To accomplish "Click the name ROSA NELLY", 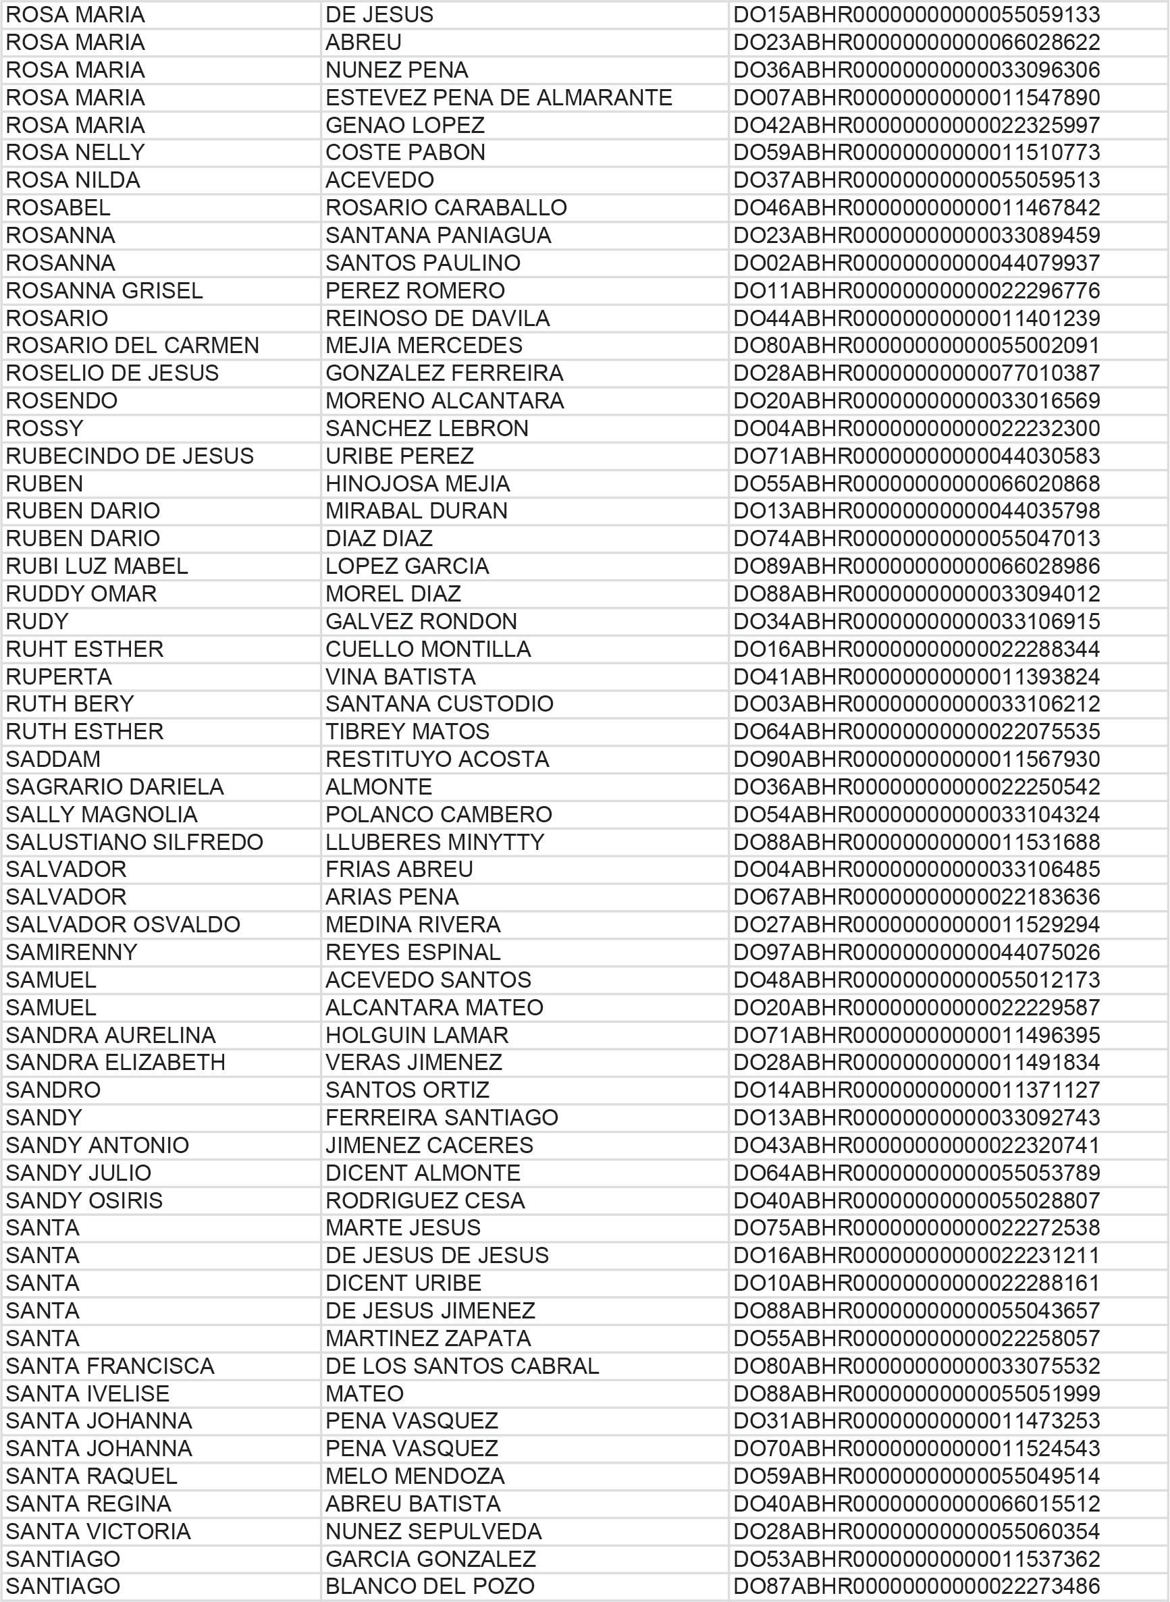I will (x=75, y=153).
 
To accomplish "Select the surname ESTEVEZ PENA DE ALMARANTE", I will (x=499, y=97).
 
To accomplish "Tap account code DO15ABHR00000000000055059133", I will (x=915, y=15).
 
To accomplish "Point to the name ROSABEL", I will (x=58, y=207).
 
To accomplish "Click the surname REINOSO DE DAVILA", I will (x=437, y=318).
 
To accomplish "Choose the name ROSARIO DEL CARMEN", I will (x=132, y=346).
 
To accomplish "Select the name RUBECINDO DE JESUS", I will (x=130, y=456).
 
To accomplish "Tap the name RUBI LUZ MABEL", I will (x=97, y=566).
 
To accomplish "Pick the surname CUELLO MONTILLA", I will (x=428, y=649).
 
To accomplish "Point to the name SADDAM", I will (x=53, y=759).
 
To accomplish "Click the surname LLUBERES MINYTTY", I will (x=434, y=842).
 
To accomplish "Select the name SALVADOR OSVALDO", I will (x=124, y=925).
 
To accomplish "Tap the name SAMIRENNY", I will (x=72, y=953).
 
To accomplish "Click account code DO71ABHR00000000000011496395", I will (x=915, y=1036).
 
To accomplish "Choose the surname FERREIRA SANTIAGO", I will (x=442, y=1117).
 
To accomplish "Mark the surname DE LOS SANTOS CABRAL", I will (x=462, y=1366).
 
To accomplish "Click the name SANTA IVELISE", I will (x=88, y=1394).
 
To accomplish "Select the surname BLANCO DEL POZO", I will (x=430, y=1586).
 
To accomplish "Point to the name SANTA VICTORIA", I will (x=99, y=1531).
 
